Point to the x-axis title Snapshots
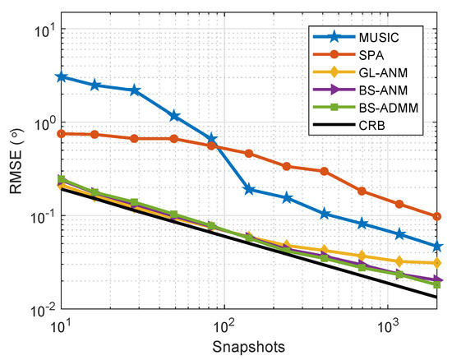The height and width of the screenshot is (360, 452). pyautogui.click(x=247, y=347)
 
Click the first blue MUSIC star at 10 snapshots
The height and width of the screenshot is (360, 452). pyautogui.click(x=61, y=76)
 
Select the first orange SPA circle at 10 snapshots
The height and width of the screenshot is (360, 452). pyautogui.click(x=61, y=133)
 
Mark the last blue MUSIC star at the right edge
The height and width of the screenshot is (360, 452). pyautogui.click(x=436, y=247)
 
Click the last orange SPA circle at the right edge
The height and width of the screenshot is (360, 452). pyautogui.click(x=436, y=217)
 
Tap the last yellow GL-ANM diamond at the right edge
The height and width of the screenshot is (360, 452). pyautogui.click(x=436, y=263)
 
